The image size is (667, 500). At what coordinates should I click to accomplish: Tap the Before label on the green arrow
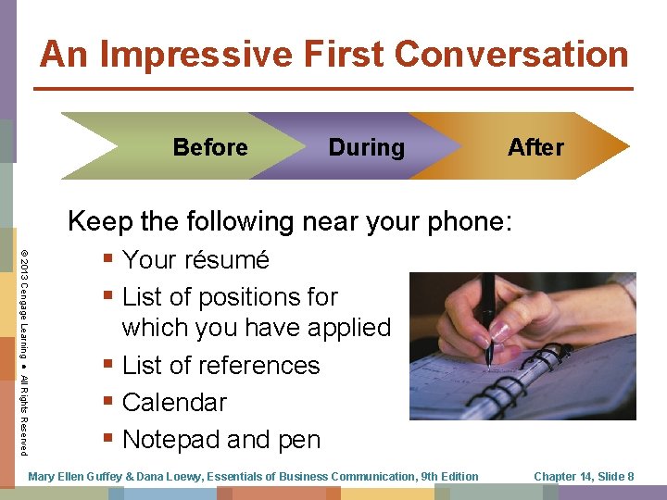click(210, 147)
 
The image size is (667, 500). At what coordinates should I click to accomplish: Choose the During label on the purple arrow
click(366, 147)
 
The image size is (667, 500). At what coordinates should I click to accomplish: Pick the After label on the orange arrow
click(535, 147)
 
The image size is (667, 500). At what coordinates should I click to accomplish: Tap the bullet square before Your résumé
click(109, 260)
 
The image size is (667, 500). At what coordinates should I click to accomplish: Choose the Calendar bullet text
click(174, 403)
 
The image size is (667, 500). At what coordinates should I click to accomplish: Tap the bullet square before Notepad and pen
click(109, 440)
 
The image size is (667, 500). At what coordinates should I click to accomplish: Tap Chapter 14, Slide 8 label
click(584, 477)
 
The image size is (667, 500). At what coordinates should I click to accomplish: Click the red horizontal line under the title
click(333, 88)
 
